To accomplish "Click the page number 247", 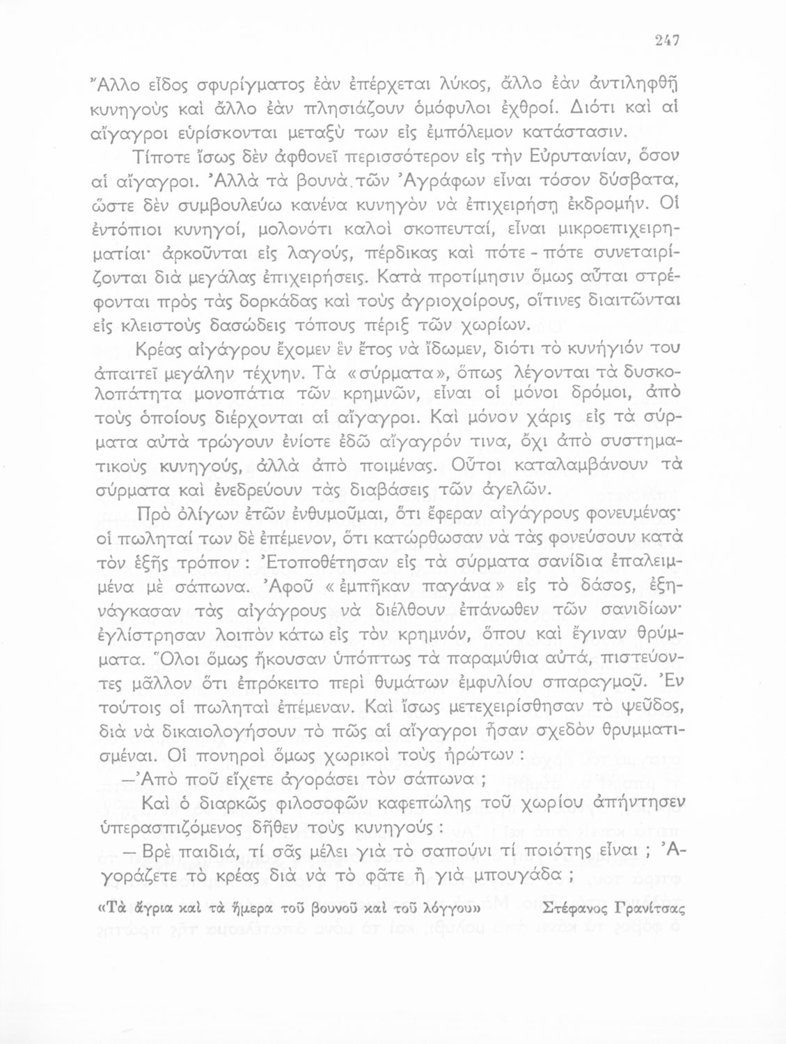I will [x=667, y=40].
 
